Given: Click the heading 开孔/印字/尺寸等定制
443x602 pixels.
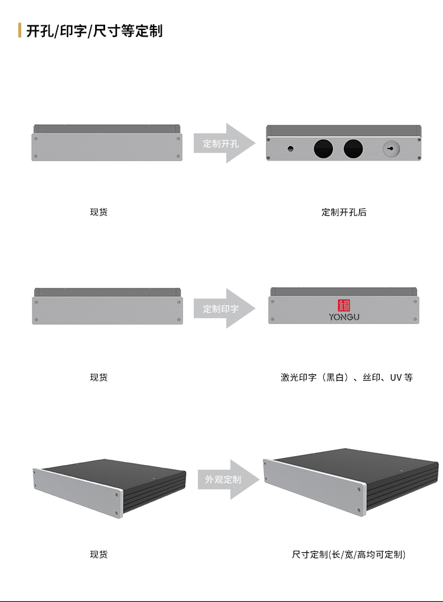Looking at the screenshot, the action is click(95, 31).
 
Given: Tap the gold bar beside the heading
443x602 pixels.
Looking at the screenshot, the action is click(19, 30).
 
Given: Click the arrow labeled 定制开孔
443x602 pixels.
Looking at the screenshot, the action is click(224, 143).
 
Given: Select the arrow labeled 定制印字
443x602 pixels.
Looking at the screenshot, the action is click(224, 308).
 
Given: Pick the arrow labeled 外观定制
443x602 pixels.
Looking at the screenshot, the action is click(229, 479).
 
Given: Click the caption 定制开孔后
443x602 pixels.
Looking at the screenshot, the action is click(344, 212).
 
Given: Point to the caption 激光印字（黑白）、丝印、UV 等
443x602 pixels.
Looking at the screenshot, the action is click(347, 377).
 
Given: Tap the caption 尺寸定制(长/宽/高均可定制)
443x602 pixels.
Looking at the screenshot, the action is click(348, 554).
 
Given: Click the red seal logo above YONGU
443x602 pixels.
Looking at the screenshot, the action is click(344, 305).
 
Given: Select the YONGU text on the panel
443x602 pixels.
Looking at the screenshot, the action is click(344, 317).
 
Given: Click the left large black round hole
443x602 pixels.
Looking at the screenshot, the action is click(324, 149).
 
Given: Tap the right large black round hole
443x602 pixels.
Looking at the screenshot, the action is click(353, 149).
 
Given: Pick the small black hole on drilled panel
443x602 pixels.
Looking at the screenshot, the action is click(291, 149).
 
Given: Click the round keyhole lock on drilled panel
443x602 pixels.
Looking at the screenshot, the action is click(391, 149).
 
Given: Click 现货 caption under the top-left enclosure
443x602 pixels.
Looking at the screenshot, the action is click(99, 212).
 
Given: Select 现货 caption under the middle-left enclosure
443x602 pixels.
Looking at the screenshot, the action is click(99, 377).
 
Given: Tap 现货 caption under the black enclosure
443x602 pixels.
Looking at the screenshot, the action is click(99, 554).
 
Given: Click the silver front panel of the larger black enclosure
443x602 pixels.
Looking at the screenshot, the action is click(314, 488).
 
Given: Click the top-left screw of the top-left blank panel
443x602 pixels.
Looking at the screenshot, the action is click(35, 139).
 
